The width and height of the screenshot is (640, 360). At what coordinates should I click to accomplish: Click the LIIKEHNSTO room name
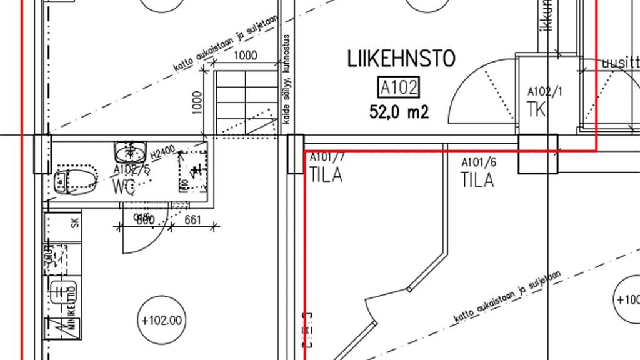click(x=401, y=59)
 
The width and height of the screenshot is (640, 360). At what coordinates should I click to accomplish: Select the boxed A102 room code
click(x=399, y=87)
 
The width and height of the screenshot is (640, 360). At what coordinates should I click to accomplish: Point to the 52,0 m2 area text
click(x=399, y=112)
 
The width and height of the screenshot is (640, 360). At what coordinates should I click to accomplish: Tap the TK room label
click(x=536, y=109)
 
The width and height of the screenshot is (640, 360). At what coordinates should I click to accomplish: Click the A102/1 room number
click(x=545, y=91)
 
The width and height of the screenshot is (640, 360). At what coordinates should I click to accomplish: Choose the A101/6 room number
click(x=479, y=162)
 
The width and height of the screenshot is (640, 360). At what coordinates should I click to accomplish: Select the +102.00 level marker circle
click(x=161, y=321)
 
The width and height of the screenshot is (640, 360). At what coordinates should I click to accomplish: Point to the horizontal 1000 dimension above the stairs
click(x=245, y=55)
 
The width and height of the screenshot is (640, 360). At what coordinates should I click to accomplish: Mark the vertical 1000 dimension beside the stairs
click(x=197, y=101)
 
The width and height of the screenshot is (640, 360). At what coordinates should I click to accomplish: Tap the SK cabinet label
click(x=74, y=222)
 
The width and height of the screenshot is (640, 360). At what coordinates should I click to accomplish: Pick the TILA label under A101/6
click(x=477, y=181)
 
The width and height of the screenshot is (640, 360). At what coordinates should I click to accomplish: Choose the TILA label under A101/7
click(x=326, y=175)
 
